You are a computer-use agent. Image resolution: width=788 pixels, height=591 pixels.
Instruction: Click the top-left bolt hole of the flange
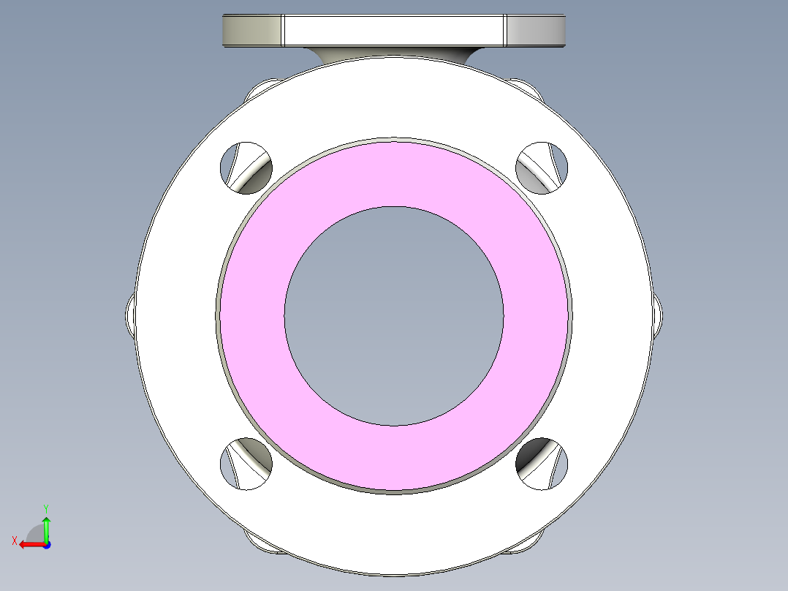(246, 167)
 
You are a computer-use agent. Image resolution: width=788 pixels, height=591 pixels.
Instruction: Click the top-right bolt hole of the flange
(542, 167)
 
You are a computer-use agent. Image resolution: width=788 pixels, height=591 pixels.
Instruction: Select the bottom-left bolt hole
(246, 464)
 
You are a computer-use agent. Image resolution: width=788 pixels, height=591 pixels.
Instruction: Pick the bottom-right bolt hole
(542, 464)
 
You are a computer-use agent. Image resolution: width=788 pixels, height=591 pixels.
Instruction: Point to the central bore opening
(393, 316)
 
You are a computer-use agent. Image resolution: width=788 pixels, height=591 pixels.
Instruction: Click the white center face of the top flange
(394, 29)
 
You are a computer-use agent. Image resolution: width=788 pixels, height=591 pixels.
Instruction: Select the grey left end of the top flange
(251, 30)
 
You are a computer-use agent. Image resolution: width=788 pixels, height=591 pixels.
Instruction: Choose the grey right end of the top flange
(536, 30)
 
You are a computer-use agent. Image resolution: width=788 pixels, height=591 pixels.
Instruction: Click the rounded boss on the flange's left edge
(131, 316)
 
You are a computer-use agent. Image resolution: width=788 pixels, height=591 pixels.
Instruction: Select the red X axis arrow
(29, 544)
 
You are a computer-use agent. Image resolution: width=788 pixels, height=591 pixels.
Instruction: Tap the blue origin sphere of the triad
(46, 544)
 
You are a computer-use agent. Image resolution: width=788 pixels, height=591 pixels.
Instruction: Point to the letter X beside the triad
(15, 541)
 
